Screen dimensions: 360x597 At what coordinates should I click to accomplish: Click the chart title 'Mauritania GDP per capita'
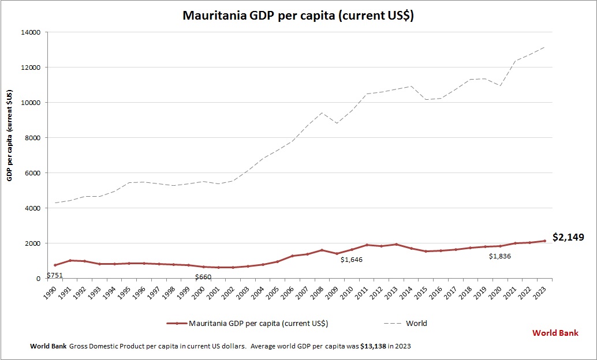tap(298, 16)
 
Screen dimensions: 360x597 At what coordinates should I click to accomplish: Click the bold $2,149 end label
tap(568, 237)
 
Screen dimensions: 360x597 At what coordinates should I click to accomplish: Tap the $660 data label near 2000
tap(203, 277)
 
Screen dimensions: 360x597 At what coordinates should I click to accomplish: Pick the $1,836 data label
tap(500, 256)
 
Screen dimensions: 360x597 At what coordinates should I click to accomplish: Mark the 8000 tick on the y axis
tap(31, 138)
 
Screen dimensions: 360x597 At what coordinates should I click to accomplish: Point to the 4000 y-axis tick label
tap(31, 208)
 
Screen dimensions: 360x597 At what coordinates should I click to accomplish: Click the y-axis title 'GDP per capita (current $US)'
tap(10, 136)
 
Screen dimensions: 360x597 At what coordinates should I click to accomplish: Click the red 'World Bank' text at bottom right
tap(555, 333)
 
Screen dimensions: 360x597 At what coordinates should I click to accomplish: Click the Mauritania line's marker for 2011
tap(367, 245)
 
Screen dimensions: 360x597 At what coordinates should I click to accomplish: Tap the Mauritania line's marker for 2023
tap(544, 241)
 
